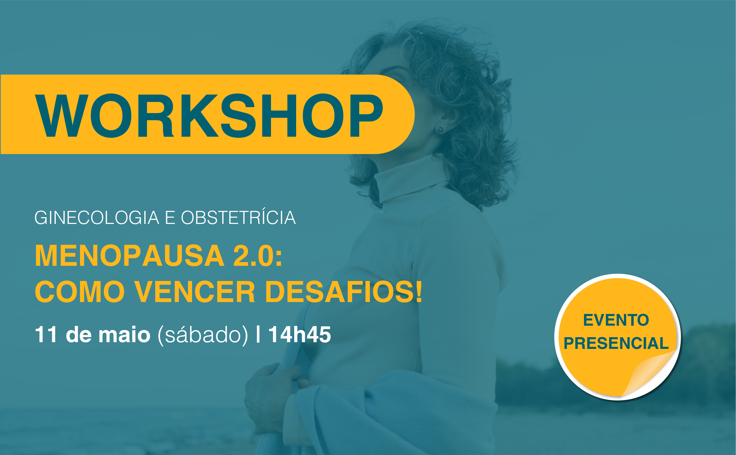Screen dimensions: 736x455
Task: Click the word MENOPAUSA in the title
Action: (x=130, y=256)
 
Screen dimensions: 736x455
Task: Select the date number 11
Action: (x=46, y=334)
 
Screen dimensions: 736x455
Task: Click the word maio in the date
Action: (x=124, y=334)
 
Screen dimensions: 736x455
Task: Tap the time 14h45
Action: (x=299, y=334)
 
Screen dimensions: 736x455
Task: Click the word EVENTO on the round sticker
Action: (x=616, y=320)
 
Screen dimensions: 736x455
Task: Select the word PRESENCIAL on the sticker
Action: (x=616, y=343)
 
